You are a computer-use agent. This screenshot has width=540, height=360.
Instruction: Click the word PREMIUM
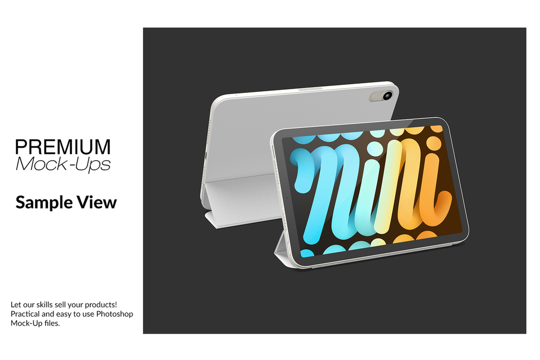point(63,147)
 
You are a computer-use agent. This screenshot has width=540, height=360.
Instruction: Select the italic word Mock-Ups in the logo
point(63,164)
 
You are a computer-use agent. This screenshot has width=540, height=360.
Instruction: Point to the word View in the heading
point(97,202)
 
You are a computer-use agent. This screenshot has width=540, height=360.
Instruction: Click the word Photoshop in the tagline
point(114,314)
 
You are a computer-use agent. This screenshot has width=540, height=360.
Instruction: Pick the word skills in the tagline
point(45,305)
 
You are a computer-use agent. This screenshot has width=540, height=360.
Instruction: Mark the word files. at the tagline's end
point(52,323)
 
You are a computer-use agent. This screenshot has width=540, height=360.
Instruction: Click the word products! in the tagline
point(100,305)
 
